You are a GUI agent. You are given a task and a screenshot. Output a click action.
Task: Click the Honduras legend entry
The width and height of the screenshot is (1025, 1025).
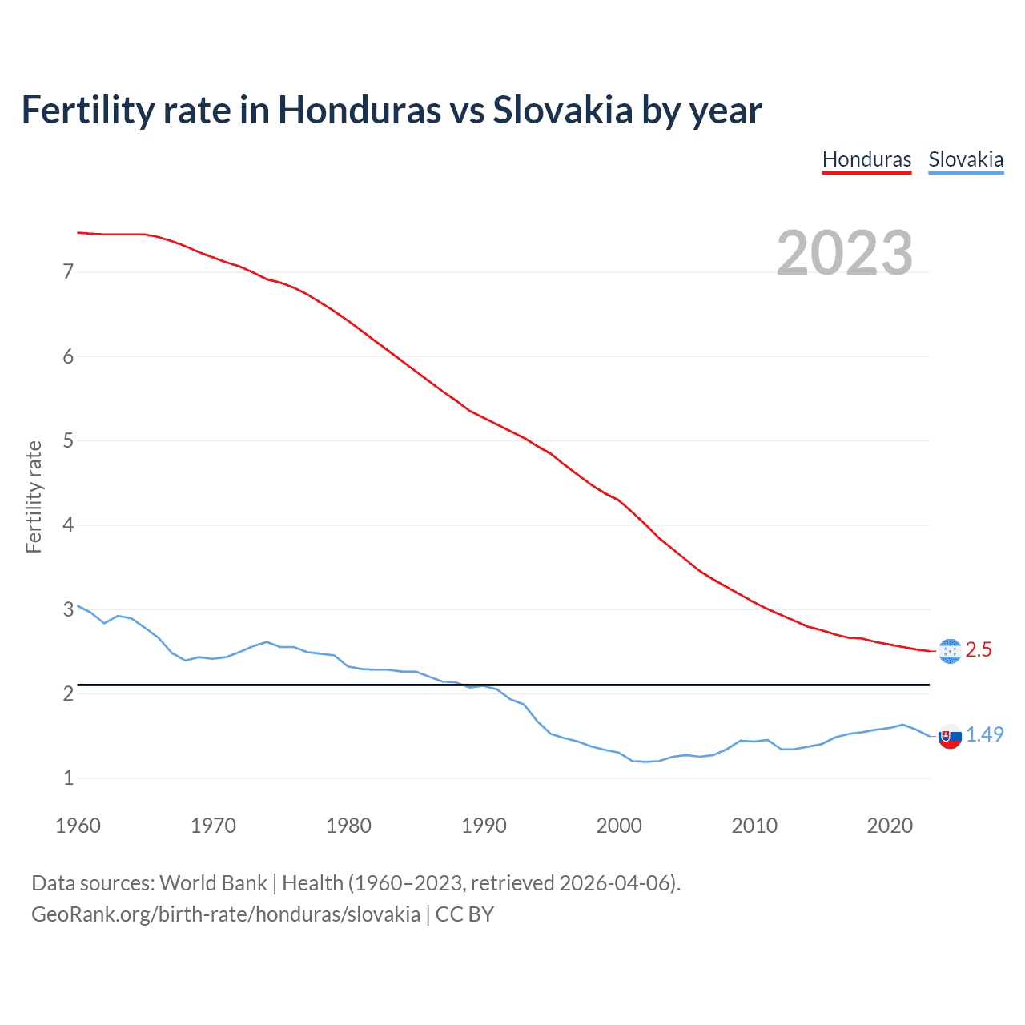point(866,159)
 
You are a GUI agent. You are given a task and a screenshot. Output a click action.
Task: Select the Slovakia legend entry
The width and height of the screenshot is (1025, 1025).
point(966,159)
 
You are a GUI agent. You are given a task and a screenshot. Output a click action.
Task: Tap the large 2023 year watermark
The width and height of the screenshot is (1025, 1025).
point(844,253)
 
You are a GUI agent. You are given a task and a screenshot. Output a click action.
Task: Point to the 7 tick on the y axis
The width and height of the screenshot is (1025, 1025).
point(68,272)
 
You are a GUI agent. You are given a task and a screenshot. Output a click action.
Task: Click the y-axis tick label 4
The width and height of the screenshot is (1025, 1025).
point(68,525)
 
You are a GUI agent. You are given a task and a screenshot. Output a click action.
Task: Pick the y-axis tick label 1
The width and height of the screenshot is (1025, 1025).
point(68,778)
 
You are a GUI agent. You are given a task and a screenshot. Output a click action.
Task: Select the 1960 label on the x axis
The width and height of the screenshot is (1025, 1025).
point(78,826)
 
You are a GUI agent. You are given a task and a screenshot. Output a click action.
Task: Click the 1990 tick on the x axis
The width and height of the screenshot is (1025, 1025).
point(484,826)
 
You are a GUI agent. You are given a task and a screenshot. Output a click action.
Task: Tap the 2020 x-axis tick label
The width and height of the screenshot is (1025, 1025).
point(890,826)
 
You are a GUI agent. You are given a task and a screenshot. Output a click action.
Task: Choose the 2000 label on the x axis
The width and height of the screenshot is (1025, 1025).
point(619,826)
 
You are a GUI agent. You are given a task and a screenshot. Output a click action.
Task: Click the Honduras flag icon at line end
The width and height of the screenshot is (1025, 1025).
point(950,651)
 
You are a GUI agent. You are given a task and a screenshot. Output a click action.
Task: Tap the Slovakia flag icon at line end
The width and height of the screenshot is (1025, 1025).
point(950,736)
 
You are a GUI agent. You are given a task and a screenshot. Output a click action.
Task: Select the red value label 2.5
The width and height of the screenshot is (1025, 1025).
point(979,650)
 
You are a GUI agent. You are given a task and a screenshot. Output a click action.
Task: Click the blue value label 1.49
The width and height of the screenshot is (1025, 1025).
point(984,735)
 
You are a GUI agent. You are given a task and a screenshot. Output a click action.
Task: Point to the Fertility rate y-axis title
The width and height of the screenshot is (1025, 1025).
point(34,496)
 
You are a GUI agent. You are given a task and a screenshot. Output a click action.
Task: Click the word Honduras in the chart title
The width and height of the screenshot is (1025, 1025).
point(359,111)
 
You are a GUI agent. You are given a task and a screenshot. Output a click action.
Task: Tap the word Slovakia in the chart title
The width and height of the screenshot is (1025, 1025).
point(562,111)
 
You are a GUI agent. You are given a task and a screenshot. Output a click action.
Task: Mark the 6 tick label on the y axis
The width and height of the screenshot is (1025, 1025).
point(68,356)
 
